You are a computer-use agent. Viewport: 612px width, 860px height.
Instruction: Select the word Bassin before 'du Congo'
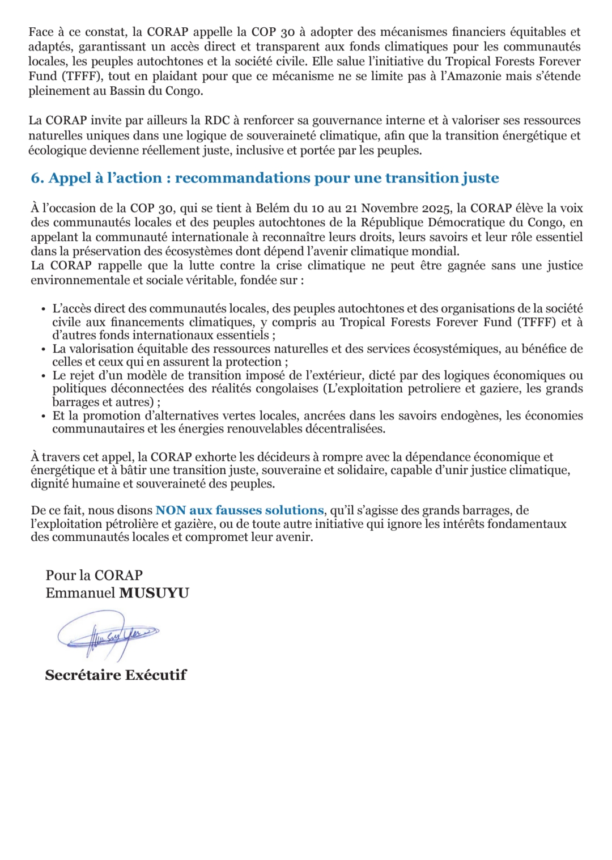(x=128, y=91)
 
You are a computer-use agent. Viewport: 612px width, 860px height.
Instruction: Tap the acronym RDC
(x=217, y=121)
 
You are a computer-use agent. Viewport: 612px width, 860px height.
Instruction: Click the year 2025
(x=437, y=209)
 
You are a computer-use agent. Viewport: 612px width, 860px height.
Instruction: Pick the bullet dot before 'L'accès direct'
(x=44, y=310)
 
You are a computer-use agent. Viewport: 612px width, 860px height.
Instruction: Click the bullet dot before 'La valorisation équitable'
(x=44, y=349)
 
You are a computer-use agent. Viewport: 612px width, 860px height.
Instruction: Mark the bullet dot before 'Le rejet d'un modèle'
(x=44, y=376)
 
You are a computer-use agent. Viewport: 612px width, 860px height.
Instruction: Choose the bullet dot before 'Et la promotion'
(x=44, y=416)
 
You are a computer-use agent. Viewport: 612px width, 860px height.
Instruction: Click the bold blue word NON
(x=171, y=511)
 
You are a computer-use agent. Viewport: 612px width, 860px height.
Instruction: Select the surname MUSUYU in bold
(x=154, y=594)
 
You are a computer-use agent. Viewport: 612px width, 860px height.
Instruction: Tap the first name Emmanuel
(x=80, y=594)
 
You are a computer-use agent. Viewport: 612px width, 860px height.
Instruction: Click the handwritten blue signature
(x=108, y=634)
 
